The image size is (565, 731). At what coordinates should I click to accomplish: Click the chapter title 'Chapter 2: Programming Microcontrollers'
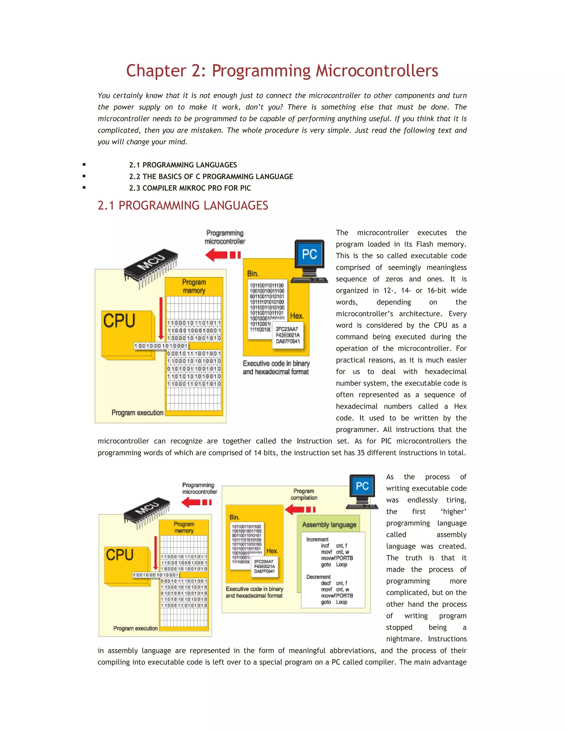click(282, 71)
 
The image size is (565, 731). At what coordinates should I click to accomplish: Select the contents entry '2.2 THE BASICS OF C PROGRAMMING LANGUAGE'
click(211, 176)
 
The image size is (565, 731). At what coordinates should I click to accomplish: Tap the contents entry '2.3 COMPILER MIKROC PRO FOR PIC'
click(190, 188)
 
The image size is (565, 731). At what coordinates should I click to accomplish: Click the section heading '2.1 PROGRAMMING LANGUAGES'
click(183, 205)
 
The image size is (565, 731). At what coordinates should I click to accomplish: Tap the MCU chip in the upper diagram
click(151, 265)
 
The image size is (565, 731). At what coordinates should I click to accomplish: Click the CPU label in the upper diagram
click(119, 321)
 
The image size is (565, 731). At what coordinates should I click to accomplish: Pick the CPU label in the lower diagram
click(119, 555)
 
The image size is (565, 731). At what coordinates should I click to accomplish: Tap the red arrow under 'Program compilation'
click(300, 509)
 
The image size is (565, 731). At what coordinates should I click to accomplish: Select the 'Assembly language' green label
click(329, 524)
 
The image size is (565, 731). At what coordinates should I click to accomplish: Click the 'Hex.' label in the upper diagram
click(297, 316)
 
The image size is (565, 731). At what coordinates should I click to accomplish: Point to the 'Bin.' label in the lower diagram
click(234, 517)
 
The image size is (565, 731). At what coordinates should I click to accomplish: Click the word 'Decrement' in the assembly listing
click(318, 577)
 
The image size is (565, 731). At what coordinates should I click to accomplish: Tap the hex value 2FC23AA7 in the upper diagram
click(287, 329)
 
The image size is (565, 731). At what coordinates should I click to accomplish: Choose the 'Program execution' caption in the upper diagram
click(137, 413)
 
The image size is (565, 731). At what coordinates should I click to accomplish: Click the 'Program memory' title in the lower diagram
click(184, 527)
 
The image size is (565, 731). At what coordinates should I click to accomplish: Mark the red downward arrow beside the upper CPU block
click(161, 318)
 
